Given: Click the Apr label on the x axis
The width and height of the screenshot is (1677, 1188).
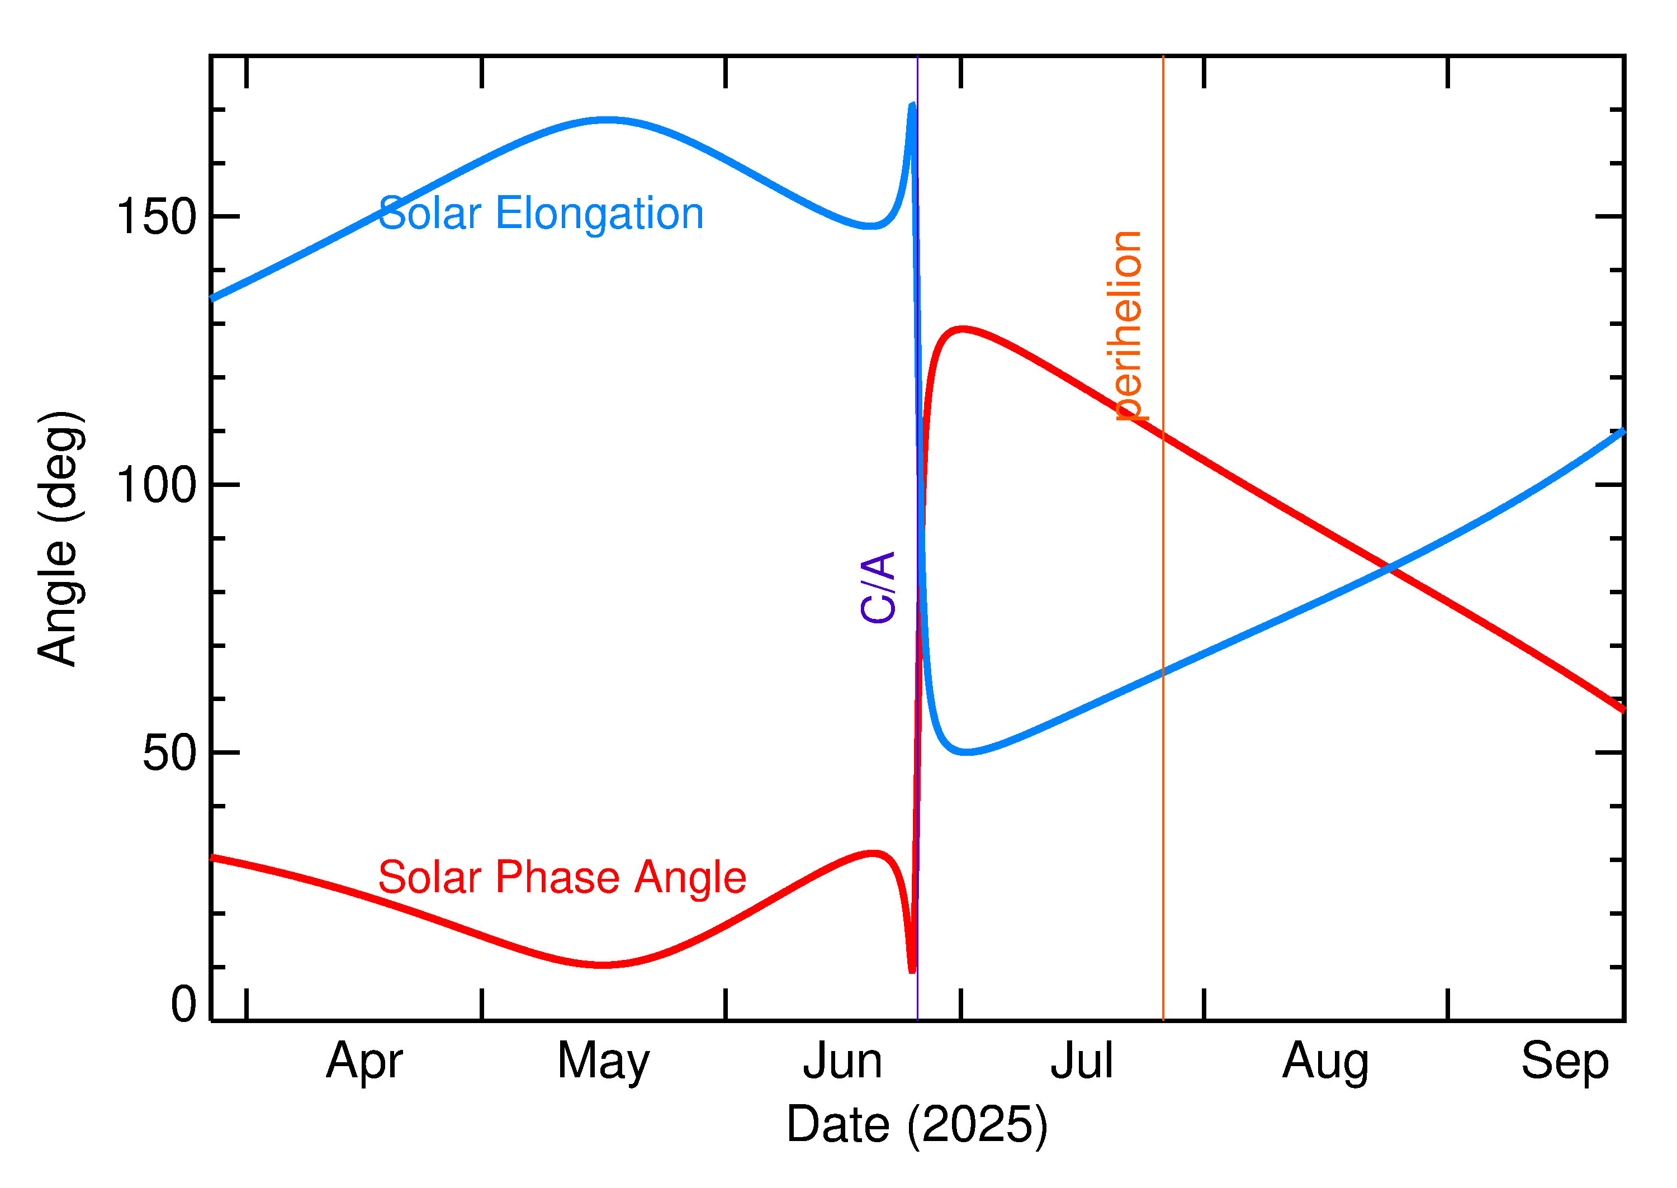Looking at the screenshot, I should tap(364, 1062).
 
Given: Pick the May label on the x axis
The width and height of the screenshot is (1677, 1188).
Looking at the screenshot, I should tap(603, 1062).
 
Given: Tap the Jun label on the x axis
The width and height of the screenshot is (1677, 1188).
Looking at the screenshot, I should tap(842, 1062).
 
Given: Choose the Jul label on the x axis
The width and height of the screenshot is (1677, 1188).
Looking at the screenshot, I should tap(1082, 1062).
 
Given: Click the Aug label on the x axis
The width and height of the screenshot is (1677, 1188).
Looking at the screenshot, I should tap(1325, 1062).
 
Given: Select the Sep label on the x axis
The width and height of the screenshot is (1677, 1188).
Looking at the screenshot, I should tap(1565, 1062).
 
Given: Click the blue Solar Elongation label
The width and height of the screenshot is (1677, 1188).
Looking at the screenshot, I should tap(541, 214).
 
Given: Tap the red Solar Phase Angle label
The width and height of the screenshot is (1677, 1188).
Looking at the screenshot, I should tap(562, 877).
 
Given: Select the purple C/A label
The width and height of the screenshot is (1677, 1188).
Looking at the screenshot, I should tap(878, 588).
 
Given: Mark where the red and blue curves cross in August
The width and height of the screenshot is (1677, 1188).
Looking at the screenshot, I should tap(1388, 567).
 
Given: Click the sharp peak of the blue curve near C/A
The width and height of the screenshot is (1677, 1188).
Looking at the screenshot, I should tap(912, 106).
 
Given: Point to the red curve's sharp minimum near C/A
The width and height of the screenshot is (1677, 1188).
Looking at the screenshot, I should tap(912, 970).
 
